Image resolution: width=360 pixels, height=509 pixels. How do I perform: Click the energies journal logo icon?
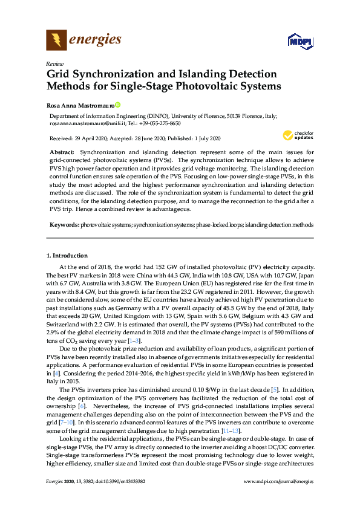[57, 41]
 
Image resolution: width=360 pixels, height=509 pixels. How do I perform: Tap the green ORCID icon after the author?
[118, 104]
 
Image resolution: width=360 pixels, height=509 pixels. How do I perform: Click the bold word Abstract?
[62, 151]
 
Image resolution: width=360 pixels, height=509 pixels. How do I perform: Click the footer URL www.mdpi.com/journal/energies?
[278, 498]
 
